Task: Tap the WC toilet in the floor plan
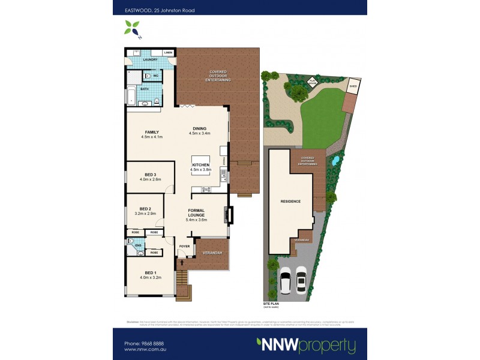tap(149, 76)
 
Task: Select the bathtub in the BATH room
tap(131, 95)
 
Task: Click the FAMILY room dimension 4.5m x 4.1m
tap(151, 137)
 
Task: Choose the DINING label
tap(199, 127)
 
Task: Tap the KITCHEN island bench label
tap(200, 164)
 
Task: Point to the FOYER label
tap(184, 245)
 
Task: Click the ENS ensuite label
tap(137, 245)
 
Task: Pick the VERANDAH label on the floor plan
tap(212, 253)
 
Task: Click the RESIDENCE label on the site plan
tap(290, 202)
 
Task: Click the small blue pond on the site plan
tap(333, 160)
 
